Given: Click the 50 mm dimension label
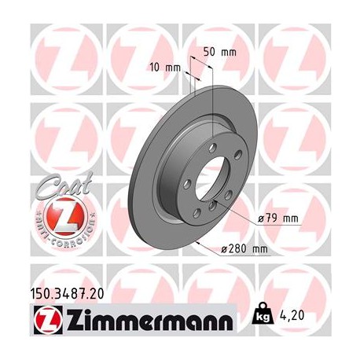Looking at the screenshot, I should point(220,51).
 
